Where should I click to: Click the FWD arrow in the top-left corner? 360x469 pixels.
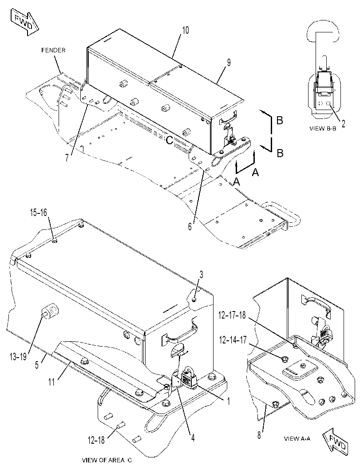pyautogui.click(x=25, y=22)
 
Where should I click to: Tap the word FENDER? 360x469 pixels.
pyautogui.click(x=53, y=50)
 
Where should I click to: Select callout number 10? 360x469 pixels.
pyautogui.click(x=186, y=30)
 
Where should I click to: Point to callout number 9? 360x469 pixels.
pyautogui.click(x=229, y=63)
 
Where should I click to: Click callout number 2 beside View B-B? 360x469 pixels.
pyautogui.click(x=343, y=123)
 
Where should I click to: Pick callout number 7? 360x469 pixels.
pyautogui.click(x=67, y=157)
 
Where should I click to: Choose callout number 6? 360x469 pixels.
pyautogui.click(x=190, y=227)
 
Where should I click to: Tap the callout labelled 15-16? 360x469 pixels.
pyautogui.click(x=38, y=213)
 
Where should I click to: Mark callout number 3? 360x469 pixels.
pyautogui.click(x=202, y=275)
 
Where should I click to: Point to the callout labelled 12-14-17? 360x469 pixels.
pyautogui.click(x=233, y=340)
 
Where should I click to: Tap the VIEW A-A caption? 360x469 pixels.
pyautogui.click(x=297, y=438)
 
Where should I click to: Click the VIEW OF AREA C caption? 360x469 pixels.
pyautogui.click(x=107, y=460)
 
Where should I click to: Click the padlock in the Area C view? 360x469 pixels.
pyautogui.click(x=188, y=378)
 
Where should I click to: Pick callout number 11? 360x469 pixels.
pyautogui.click(x=52, y=382)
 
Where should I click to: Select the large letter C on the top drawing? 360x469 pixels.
pyautogui.click(x=170, y=140)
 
